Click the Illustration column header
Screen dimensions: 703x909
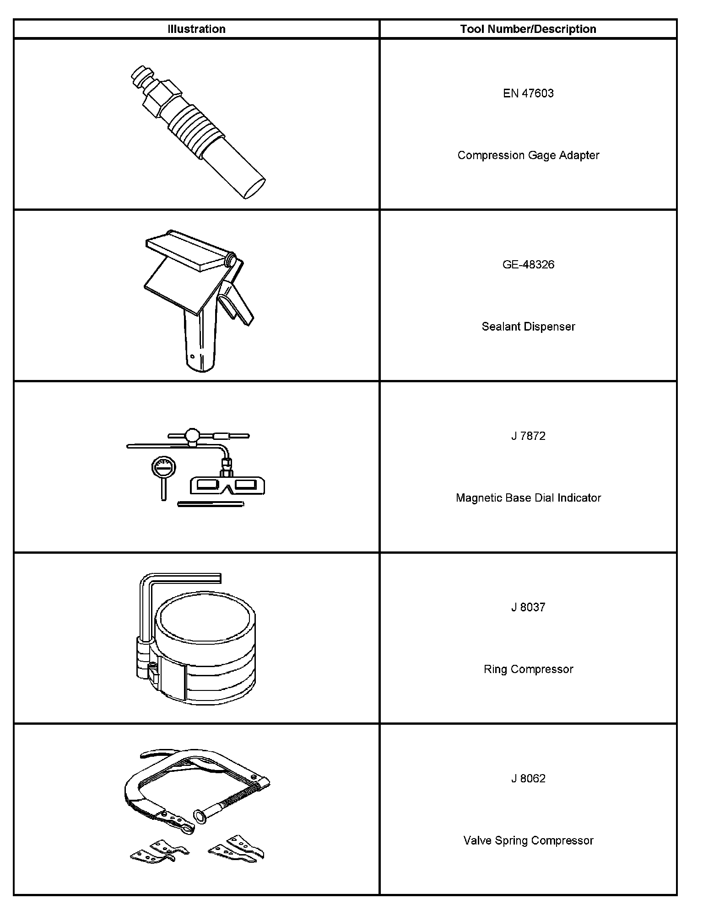click(196, 29)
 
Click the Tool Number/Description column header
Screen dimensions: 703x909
click(528, 29)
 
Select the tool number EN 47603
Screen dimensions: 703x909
click(528, 93)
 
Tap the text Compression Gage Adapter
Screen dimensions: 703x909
click(528, 155)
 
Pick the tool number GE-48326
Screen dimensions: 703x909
click(528, 265)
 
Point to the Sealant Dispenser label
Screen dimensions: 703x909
click(528, 326)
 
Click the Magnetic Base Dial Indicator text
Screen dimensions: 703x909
click(528, 498)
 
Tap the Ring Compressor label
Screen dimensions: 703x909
click(528, 669)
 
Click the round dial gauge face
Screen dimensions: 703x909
click(163, 468)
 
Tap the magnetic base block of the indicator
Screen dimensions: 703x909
click(227, 486)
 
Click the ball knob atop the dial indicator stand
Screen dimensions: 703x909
click(193, 434)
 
